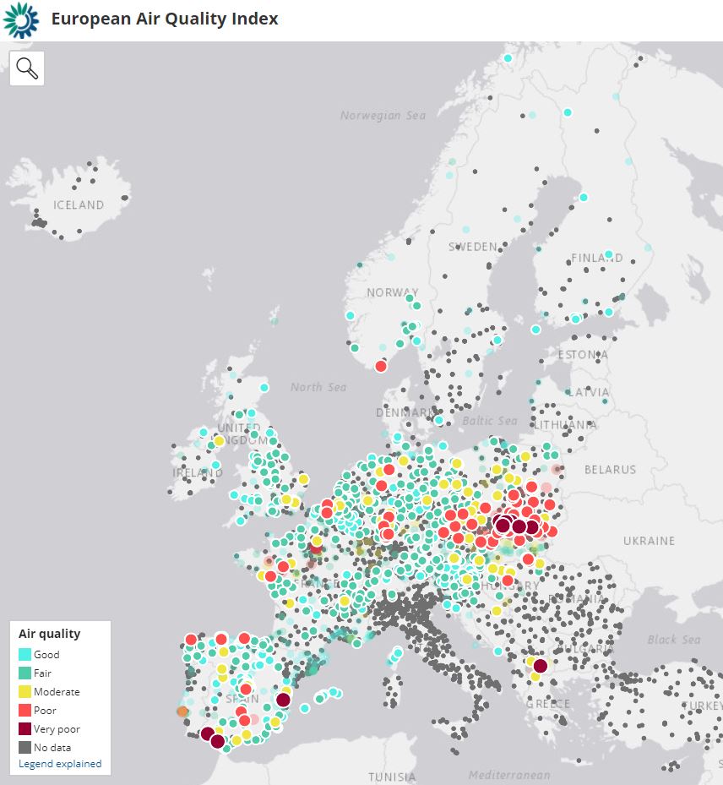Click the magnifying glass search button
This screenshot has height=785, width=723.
(x=27, y=68)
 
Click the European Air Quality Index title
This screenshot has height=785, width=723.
(x=165, y=19)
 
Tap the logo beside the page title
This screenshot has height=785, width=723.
(x=21, y=20)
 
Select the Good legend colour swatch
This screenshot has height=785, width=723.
(x=24, y=655)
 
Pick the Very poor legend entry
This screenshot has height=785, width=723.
(x=57, y=729)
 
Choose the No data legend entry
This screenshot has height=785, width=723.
(x=52, y=748)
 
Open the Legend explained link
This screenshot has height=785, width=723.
(x=60, y=764)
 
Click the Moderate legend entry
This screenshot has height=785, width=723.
(x=57, y=692)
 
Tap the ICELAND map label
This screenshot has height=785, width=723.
(x=79, y=205)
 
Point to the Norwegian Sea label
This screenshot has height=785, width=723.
(x=383, y=116)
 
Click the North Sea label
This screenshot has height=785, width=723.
(x=318, y=387)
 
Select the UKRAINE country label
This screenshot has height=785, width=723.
(x=649, y=541)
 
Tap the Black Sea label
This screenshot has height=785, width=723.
(x=674, y=640)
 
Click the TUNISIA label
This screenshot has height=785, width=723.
(x=392, y=777)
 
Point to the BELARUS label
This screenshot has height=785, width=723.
(x=610, y=470)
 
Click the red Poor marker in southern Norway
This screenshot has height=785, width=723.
(x=381, y=366)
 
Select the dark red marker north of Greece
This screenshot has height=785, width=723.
(x=540, y=666)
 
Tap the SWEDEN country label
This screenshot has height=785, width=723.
(x=472, y=247)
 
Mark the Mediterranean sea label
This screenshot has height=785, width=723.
(x=509, y=775)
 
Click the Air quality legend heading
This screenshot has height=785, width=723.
(x=50, y=634)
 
